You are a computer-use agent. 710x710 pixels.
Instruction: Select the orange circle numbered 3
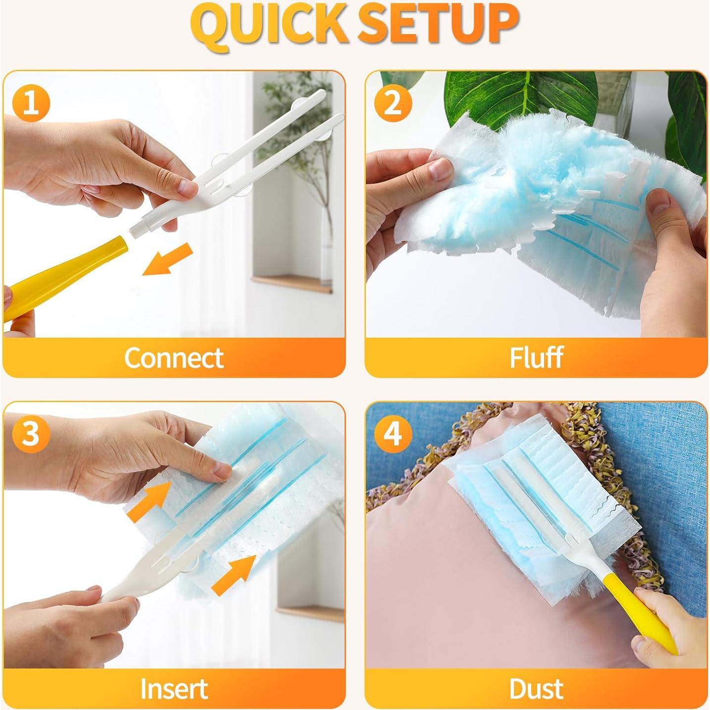tap(31, 433)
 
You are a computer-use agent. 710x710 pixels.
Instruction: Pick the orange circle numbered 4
tap(393, 433)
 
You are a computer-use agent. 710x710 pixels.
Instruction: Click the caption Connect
tap(174, 357)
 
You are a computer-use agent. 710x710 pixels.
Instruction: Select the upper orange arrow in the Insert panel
tap(149, 502)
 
